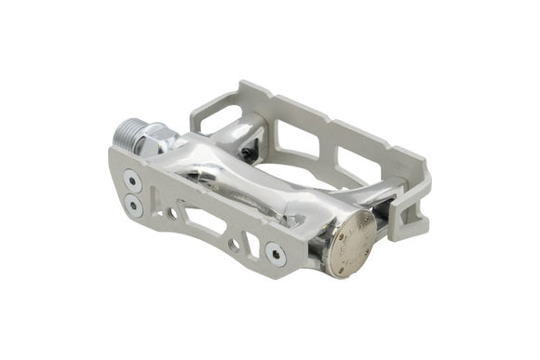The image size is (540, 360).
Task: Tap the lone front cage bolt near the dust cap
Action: [x=276, y=252]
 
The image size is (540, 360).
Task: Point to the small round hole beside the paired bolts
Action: [x=170, y=214]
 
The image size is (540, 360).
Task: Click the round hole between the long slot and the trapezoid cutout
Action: [x=233, y=245]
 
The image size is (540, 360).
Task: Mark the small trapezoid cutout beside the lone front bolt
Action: [x=252, y=246]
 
